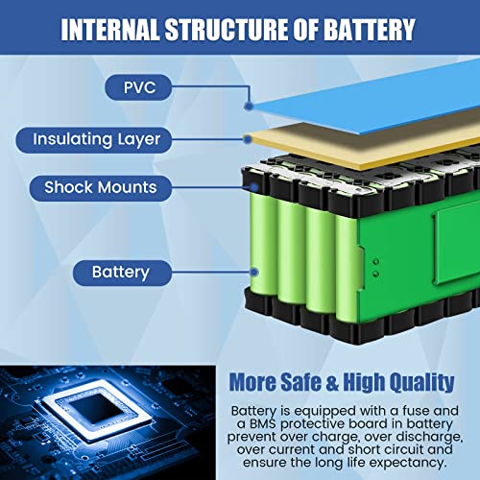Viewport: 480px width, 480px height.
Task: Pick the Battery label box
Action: (120, 272)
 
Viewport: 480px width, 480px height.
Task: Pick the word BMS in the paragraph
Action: (264, 423)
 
